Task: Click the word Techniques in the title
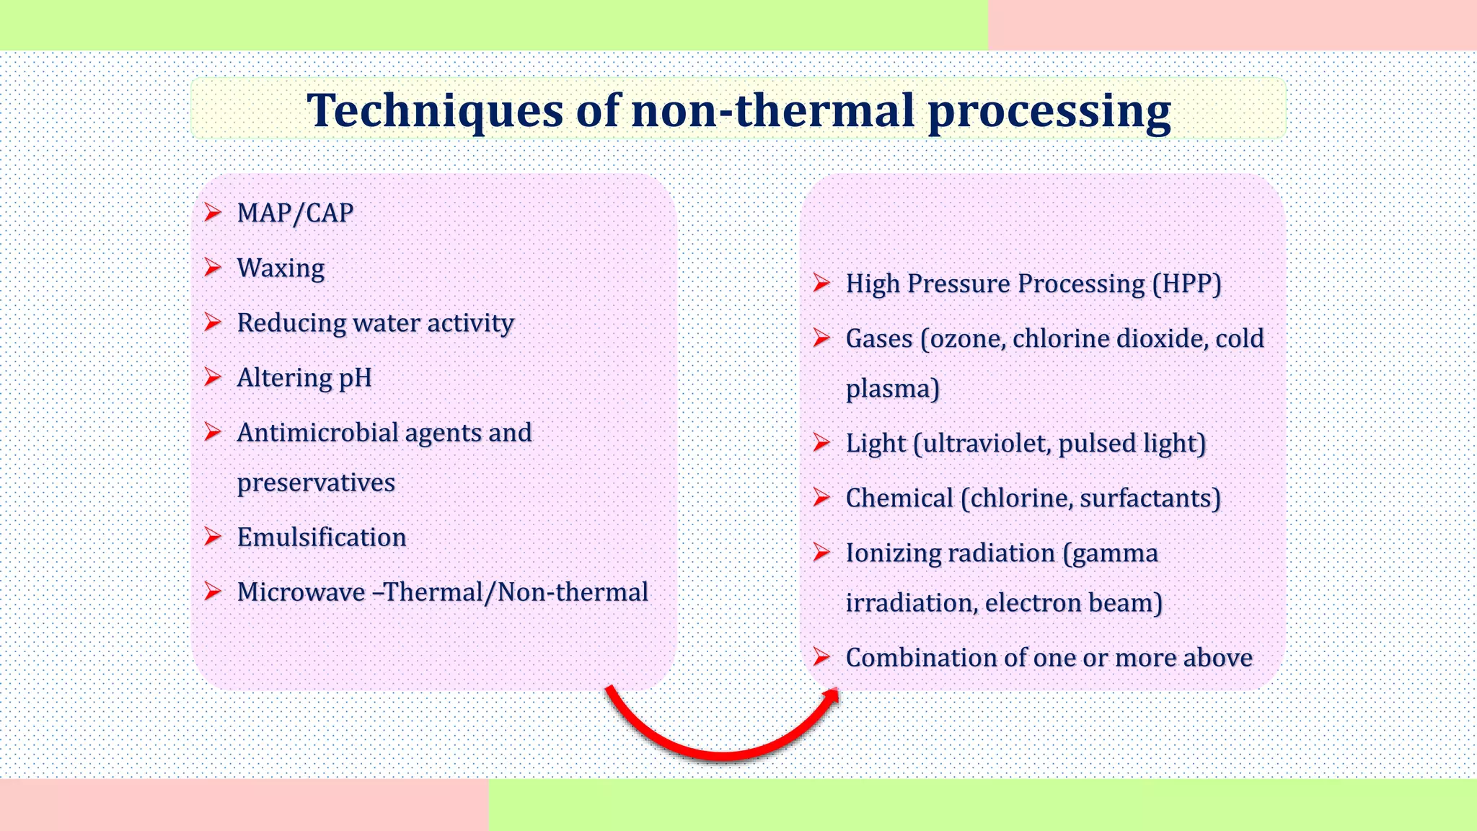pyautogui.click(x=435, y=111)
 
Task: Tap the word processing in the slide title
pyautogui.click(x=1049, y=113)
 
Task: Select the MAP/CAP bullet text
pyautogui.click(x=295, y=214)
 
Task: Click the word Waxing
pyautogui.click(x=281, y=268)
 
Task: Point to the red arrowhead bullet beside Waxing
pyautogui.click(x=212, y=268)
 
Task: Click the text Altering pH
pyautogui.click(x=304, y=378)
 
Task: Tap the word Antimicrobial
pyautogui.click(x=317, y=433)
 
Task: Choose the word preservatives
pyautogui.click(x=316, y=483)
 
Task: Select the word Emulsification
pyautogui.click(x=322, y=537)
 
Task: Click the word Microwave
pyautogui.click(x=301, y=592)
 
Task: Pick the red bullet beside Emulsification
pyautogui.click(x=212, y=537)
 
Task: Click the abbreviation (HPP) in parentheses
pyautogui.click(x=1186, y=284)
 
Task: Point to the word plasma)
pyautogui.click(x=892, y=390)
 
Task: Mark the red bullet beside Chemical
pyautogui.click(x=821, y=498)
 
